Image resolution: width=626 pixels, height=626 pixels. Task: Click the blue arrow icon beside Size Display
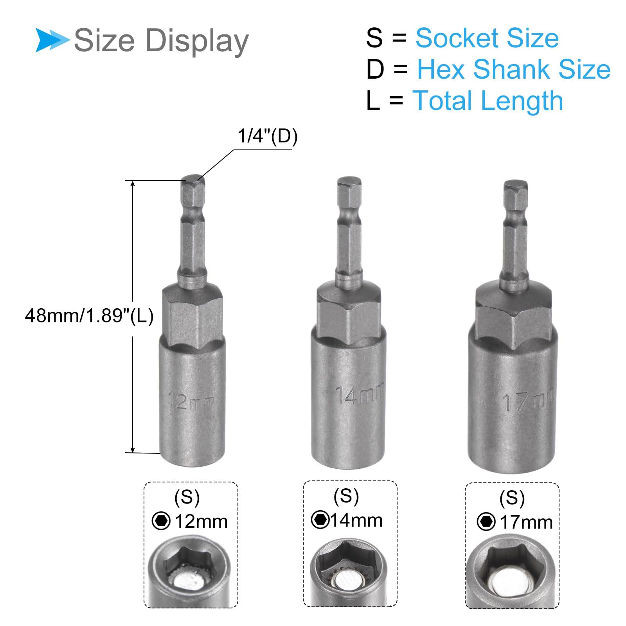pyautogui.click(x=52, y=40)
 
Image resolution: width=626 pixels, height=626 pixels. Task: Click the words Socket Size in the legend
pyautogui.click(x=487, y=38)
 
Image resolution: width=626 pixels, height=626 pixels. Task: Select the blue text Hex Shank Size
pyautogui.click(x=514, y=70)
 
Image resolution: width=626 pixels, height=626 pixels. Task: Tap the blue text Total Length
pyautogui.click(x=488, y=101)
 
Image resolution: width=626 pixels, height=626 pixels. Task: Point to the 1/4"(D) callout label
pyautogui.click(x=268, y=136)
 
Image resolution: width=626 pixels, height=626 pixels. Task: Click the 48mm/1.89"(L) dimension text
pyautogui.click(x=89, y=315)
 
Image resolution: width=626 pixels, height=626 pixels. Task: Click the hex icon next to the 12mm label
pyautogui.click(x=161, y=521)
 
